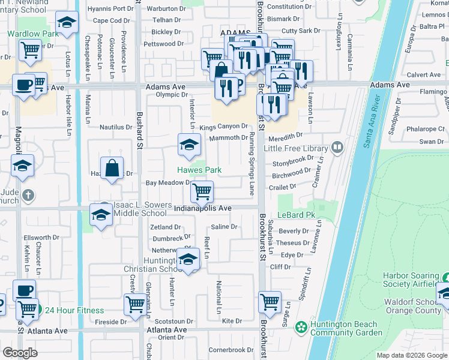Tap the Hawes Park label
pyautogui.click(x=199, y=170)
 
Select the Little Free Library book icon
pyautogui.click(x=337, y=148)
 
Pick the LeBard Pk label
pyautogui.click(x=297, y=215)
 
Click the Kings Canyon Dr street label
pyautogui.click(x=223, y=127)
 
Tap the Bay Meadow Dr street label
pyautogui.click(x=168, y=183)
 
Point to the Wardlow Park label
pyautogui.click(x=33, y=34)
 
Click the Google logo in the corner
pyautogui.click(x=20, y=353)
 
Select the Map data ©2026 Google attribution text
pyautogui.click(x=411, y=355)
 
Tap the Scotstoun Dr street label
pyautogui.click(x=173, y=322)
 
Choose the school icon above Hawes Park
pyautogui.click(x=188, y=143)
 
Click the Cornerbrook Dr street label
pyautogui.click(x=231, y=350)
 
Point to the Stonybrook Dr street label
pyautogui.click(x=293, y=162)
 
